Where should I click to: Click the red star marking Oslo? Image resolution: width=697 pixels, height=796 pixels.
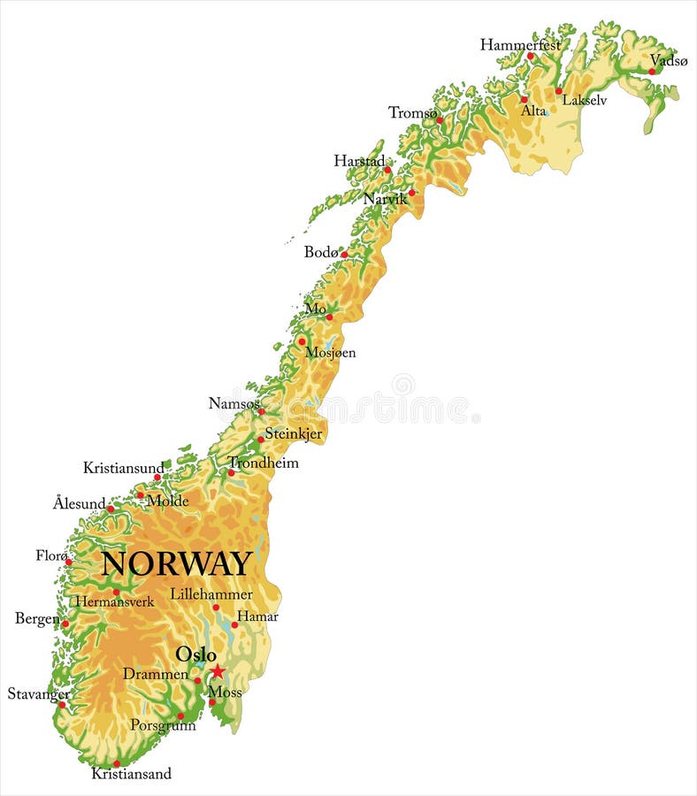[x=218, y=671]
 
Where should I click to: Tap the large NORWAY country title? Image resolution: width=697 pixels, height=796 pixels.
[x=177, y=564]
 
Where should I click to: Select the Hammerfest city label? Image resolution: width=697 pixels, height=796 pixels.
[x=520, y=44]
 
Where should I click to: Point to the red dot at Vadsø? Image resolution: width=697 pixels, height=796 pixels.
[x=652, y=72]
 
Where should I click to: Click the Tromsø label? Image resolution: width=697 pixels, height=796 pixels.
[x=412, y=112]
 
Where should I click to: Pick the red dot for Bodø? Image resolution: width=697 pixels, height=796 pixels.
[x=344, y=255]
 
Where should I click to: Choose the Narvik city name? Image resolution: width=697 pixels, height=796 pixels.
[x=385, y=199]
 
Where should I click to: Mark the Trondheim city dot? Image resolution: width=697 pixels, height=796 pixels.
[x=231, y=473]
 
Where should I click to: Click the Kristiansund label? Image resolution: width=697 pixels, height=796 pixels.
[x=123, y=468]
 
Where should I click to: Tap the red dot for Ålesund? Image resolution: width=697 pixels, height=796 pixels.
[x=111, y=509]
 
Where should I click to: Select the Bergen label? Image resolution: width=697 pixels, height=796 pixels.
[x=36, y=618]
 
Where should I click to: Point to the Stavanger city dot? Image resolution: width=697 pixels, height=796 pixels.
[x=62, y=705]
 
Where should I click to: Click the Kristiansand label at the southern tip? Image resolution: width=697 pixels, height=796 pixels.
[x=131, y=774]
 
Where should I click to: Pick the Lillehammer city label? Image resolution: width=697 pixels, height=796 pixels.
[x=211, y=594]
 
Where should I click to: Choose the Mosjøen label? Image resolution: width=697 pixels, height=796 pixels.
[x=330, y=353]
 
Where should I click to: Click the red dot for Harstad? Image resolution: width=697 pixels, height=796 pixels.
[x=387, y=170]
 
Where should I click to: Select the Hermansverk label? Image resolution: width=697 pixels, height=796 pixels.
[x=114, y=602]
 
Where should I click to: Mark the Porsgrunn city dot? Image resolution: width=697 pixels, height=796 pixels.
[x=180, y=716]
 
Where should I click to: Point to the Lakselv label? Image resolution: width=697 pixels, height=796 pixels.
[x=585, y=101]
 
